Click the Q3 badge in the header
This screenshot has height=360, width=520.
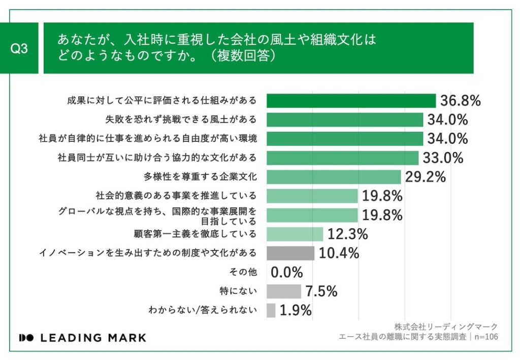pos(19,49)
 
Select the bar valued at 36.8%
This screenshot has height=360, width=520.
pos(351,101)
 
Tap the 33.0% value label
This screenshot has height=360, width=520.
pos(443,158)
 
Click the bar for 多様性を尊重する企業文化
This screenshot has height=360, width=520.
pos(334,177)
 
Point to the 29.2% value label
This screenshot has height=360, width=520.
pos(426,177)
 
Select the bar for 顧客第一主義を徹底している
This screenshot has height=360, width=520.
pos(295,234)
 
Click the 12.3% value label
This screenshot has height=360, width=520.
pos(347,234)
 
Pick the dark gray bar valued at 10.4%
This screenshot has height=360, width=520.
pos(290,253)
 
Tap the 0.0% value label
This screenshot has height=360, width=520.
pos(287,272)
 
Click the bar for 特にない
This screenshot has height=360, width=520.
pos(283,291)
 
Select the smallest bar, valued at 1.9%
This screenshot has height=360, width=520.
pos(271,310)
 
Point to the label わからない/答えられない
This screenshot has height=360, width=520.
pos(203,310)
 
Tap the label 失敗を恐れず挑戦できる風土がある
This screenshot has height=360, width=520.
pos(181,120)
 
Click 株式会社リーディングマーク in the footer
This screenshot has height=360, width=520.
pos(446,326)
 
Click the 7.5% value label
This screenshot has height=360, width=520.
pos(321,291)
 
